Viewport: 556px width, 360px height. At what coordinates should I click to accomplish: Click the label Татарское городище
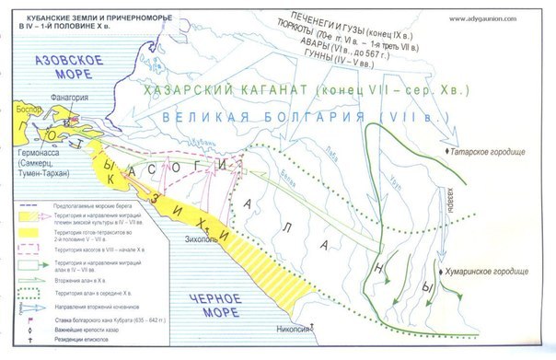498,149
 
